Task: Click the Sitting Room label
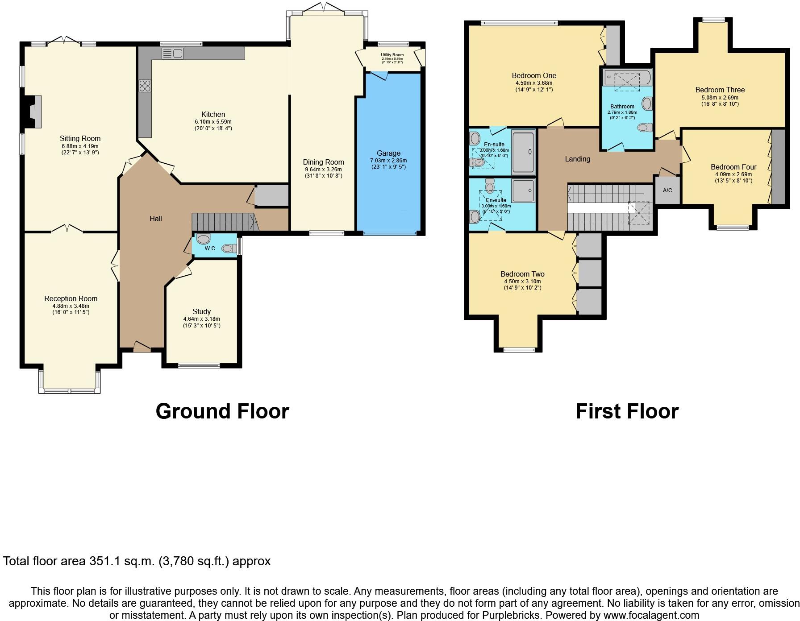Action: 80,138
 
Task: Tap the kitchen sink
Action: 173,54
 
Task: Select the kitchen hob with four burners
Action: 145,85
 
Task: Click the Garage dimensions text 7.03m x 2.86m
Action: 388,160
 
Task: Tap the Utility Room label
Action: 392,55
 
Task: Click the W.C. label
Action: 210,248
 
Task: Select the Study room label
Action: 201,311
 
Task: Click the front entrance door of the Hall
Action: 142,346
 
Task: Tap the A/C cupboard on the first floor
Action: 667,190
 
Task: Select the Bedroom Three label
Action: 720,90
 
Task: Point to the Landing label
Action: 577,159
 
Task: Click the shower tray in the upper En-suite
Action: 523,152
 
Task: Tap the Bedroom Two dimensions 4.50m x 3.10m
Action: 522,281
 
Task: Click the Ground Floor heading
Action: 222,411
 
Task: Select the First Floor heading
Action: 627,411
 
